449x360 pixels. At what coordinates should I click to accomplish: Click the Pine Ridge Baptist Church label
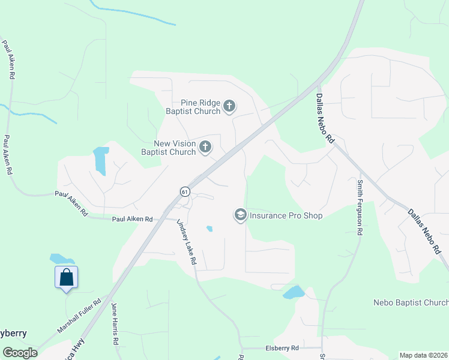[193, 107]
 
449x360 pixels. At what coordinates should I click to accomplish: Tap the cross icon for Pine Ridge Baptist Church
[229, 107]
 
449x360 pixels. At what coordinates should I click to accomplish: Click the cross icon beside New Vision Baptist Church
[205, 147]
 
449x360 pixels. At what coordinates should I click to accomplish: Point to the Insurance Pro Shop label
[286, 215]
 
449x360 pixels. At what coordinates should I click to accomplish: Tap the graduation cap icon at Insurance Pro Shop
[240, 215]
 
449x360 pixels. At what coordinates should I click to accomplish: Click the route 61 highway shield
[185, 191]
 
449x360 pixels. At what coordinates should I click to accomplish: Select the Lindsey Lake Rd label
[187, 242]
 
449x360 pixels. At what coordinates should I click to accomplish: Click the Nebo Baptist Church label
[411, 302]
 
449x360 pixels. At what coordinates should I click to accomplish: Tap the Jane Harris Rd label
[114, 324]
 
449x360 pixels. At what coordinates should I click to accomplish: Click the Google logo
[20, 353]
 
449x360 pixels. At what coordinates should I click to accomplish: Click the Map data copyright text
[423, 355]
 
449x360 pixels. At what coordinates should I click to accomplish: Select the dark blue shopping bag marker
[66, 278]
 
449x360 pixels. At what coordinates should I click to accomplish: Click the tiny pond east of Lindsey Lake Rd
[209, 229]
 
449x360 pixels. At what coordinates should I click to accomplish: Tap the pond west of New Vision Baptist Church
[101, 160]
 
